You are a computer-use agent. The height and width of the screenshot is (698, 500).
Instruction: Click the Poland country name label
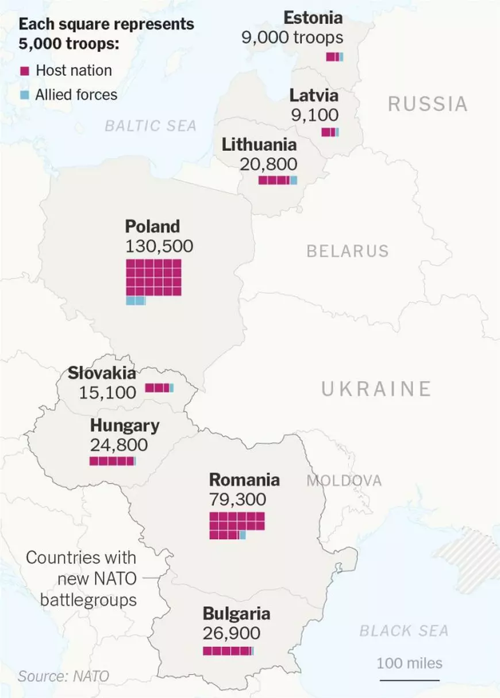(152, 226)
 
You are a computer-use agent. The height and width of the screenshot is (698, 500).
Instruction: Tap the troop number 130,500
(159, 246)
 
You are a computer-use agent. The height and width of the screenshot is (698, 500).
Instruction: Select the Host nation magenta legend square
(25, 71)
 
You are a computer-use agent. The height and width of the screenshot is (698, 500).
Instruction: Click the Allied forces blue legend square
(25, 95)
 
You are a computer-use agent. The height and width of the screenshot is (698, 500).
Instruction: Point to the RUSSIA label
(428, 104)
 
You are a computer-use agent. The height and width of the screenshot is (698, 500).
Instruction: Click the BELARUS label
(347, 251)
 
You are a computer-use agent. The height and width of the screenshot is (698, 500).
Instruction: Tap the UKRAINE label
(376, 389)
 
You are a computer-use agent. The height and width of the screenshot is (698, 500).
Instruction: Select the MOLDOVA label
(344, 481)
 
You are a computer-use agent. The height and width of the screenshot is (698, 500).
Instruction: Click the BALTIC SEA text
(151, 125)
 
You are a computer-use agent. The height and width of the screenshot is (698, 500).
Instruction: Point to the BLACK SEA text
(404, 631)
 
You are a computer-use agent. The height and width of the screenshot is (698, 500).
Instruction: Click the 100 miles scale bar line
(409, 680)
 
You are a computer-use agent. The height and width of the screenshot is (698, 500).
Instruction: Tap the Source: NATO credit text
(63, 676)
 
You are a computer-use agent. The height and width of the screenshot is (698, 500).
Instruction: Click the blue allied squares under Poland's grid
(136, 301)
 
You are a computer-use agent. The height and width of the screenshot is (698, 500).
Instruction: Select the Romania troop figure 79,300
(237, 499)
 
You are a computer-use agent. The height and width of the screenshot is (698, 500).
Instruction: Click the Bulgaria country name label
(236, 613)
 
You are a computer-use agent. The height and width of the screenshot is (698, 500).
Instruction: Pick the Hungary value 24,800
(118, 445)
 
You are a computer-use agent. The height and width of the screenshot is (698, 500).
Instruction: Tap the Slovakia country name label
(102, 373)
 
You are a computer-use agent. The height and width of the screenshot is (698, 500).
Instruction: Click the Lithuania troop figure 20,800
(268, 164)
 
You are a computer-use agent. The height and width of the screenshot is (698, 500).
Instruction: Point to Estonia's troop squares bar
(334, 56)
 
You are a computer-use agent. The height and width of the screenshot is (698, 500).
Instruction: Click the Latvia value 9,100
(314, 114)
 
